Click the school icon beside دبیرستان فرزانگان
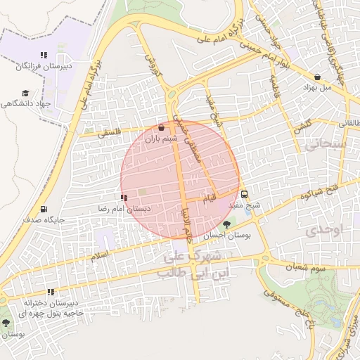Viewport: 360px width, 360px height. (44, 55)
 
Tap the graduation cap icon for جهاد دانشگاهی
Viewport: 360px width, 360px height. (26, 93)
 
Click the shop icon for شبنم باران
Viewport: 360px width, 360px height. (162, 128)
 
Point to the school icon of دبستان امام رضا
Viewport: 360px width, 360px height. (124, 198)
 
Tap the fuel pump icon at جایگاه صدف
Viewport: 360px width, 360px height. (44, 209)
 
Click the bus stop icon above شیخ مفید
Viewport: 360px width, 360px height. (244, 195)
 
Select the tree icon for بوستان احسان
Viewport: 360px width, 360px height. (226, 224)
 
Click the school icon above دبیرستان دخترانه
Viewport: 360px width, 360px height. (50, 292)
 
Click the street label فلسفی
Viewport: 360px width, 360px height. (111, 131)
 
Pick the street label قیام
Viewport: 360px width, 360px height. (211, 196)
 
